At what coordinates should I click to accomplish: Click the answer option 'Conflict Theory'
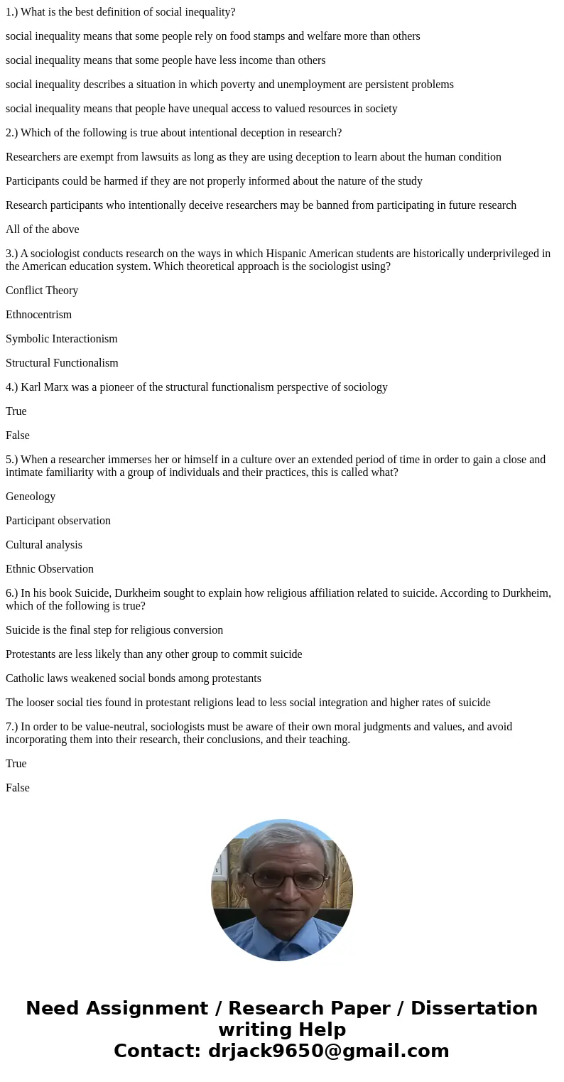(x=42, y=291)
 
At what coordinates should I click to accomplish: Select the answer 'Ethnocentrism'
(x=38, y=315)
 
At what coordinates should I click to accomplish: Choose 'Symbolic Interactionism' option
(x=62, y=339)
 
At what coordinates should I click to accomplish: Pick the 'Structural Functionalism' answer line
(x=62, y=363)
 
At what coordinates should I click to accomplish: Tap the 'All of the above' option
(x=43, y=229)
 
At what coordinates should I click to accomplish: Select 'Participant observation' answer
(x=58, y=521)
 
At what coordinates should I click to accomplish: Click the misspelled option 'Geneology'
(x=31, y=497)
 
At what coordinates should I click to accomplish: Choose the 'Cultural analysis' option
(x=44, y=545)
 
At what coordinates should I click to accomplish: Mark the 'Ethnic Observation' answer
(x=50, y=569)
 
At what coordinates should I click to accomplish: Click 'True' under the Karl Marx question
(x=16, y=411)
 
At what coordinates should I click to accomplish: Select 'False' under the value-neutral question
(x=18, y=788)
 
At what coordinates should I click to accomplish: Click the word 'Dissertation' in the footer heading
(x=474, y=1008)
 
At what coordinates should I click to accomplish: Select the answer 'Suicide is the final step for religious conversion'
(x=114, y=630)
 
